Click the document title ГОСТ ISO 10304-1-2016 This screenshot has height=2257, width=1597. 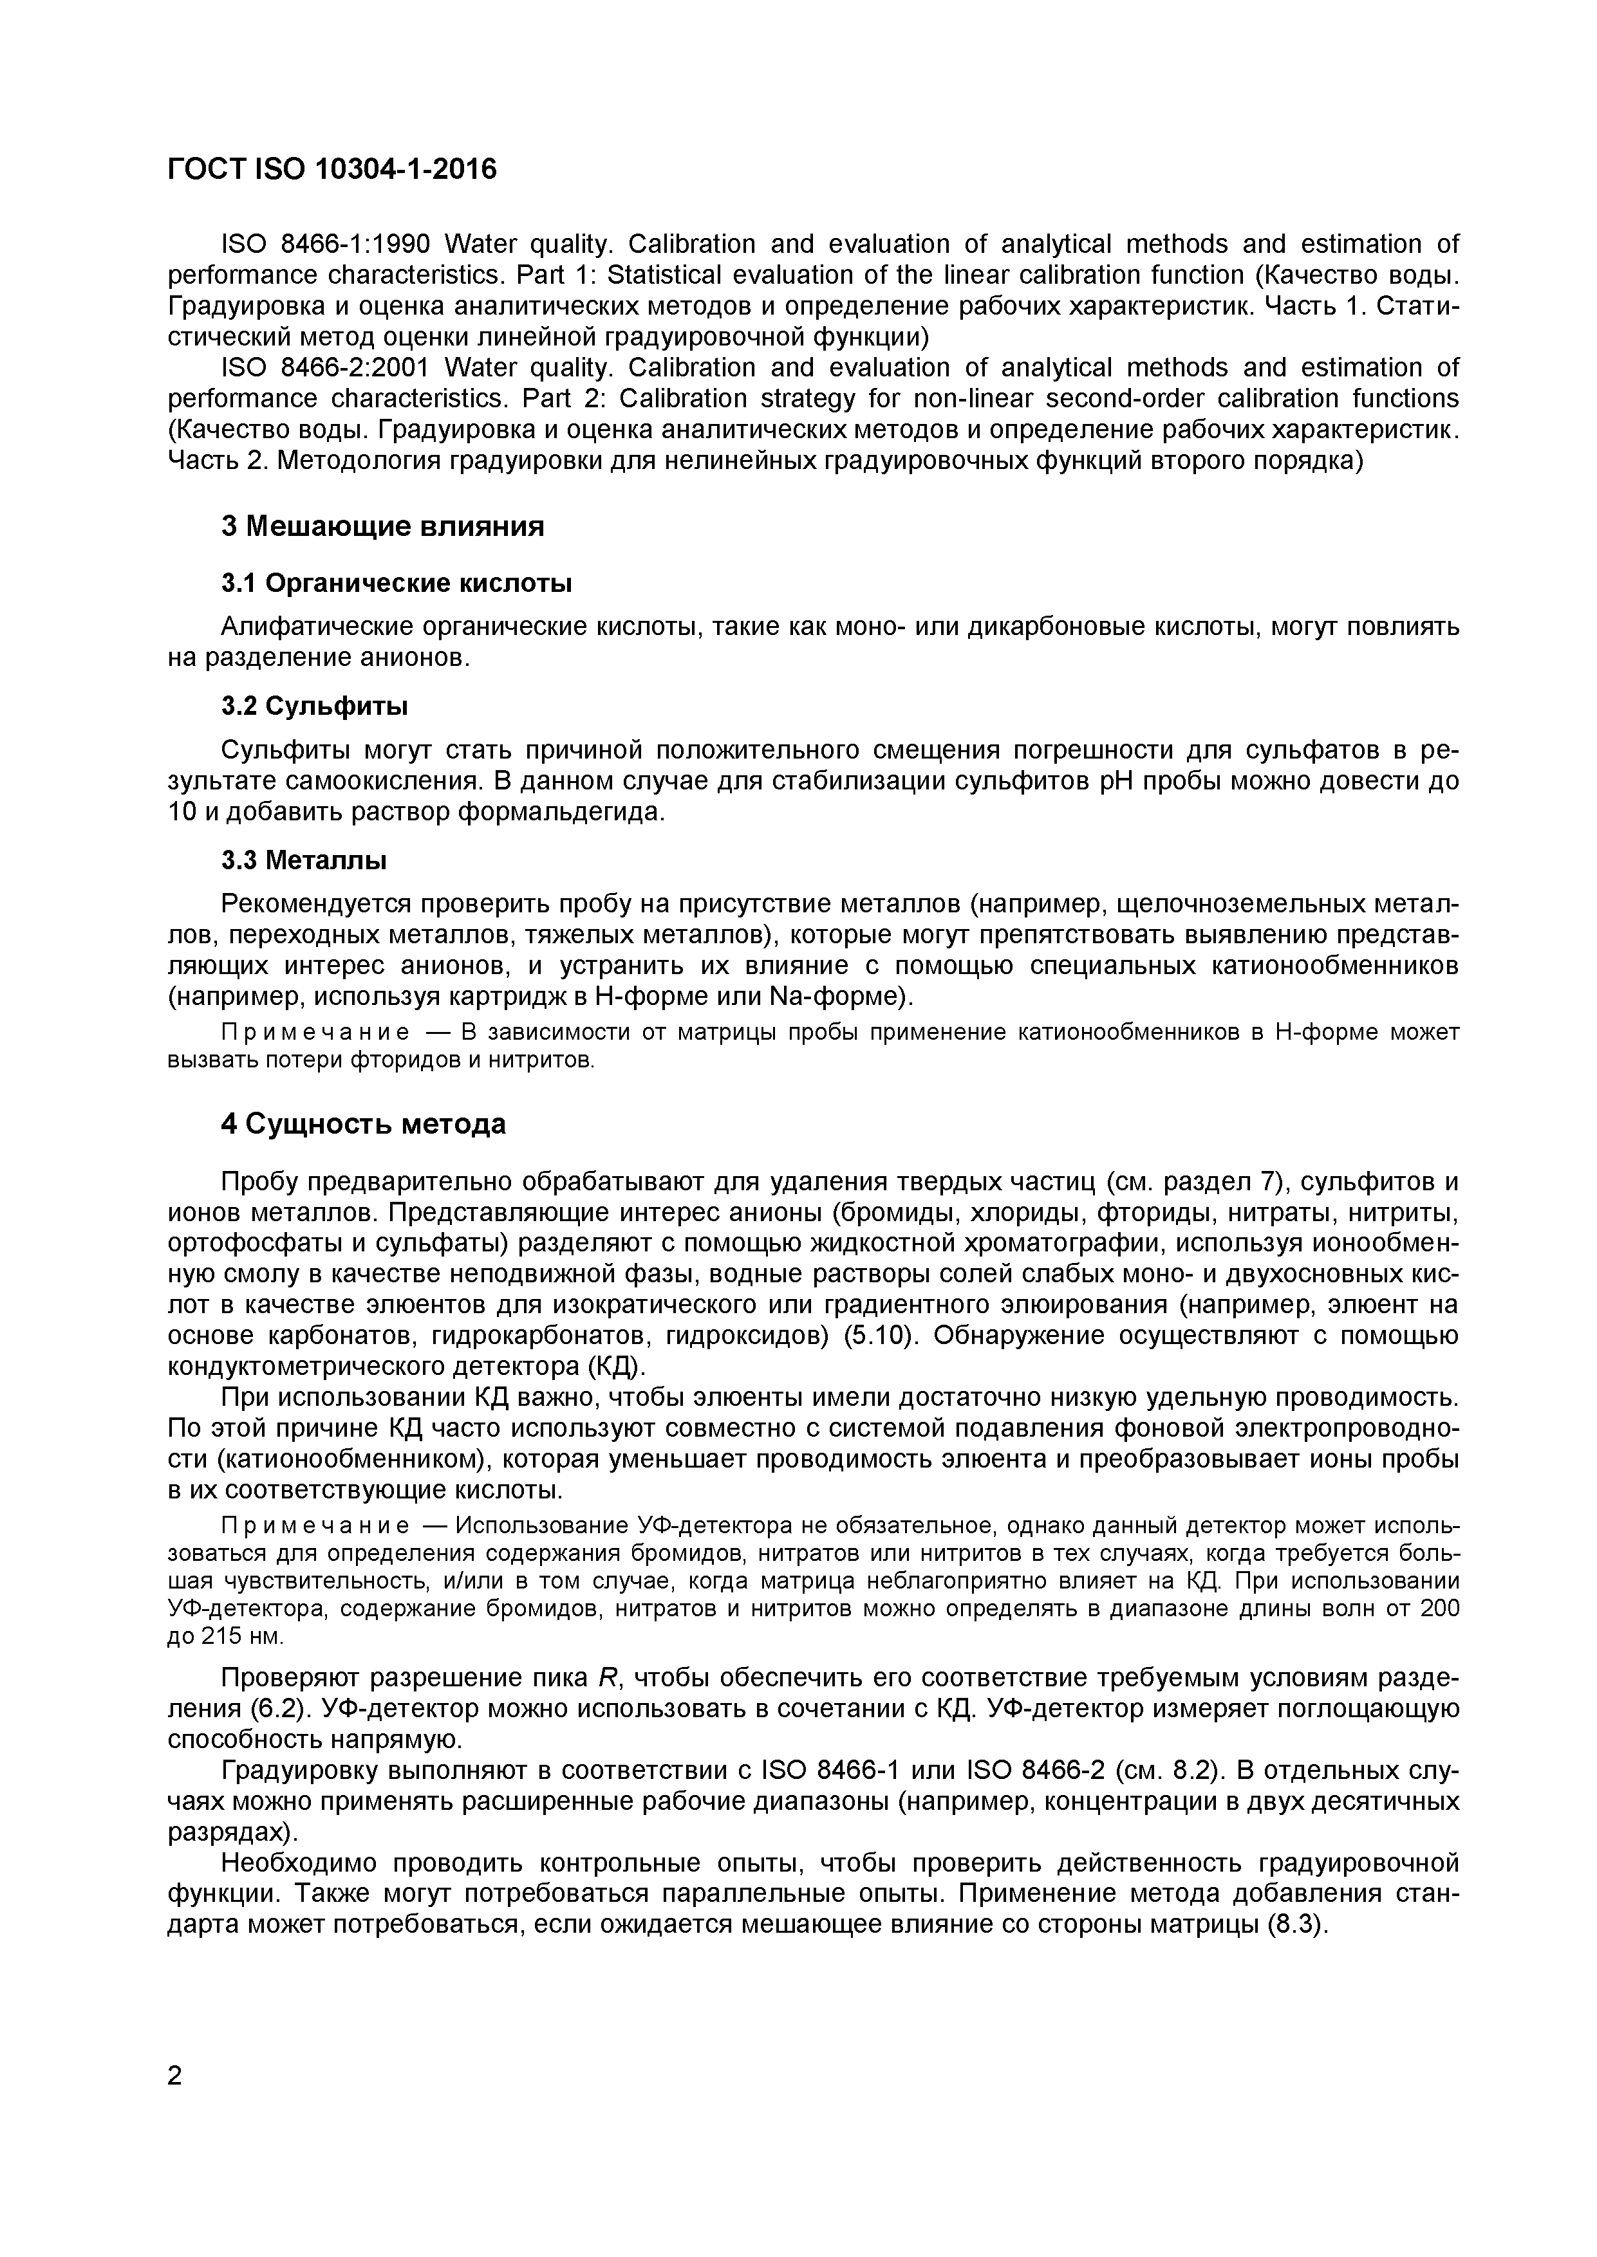click(332, 170)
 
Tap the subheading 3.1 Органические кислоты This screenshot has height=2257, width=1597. click(397, 583)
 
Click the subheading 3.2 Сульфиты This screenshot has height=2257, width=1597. click(315, 706)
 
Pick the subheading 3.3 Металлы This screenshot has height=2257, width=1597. click(304, 860)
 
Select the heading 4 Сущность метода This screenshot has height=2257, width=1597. click(363, 1123)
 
